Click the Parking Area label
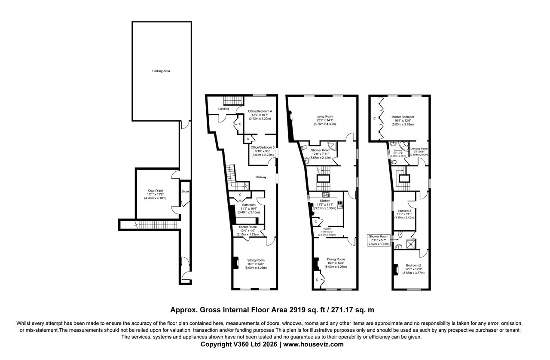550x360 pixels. click(161, 71)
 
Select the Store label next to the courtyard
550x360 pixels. click(185, 191)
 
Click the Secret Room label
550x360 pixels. click(248, 227)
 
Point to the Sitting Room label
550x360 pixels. click(256, 260)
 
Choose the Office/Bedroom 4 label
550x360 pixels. click(260, 111)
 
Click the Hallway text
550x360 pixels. click(261, 177)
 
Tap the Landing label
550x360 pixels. click(223, 109)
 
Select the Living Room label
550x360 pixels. click(325, 116)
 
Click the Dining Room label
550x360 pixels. click(336, 259)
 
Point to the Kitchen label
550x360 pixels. click(325, 201)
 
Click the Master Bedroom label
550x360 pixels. click(403, 117)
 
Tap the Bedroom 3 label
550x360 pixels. click(404, 211)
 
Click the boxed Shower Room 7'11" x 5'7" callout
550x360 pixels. click(378, 240)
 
